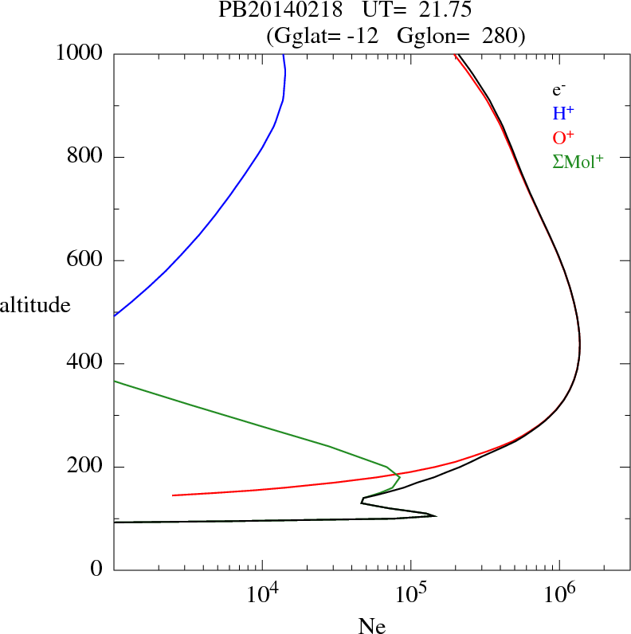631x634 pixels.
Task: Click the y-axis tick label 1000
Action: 80,53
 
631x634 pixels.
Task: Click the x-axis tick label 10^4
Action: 262,593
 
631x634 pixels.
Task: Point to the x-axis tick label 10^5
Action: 410,593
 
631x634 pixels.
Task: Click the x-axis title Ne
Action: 371,626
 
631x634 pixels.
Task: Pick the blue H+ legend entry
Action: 563,114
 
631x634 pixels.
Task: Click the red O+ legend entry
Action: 563,138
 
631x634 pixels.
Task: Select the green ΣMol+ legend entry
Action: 578,162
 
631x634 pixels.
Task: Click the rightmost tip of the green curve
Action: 399,478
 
